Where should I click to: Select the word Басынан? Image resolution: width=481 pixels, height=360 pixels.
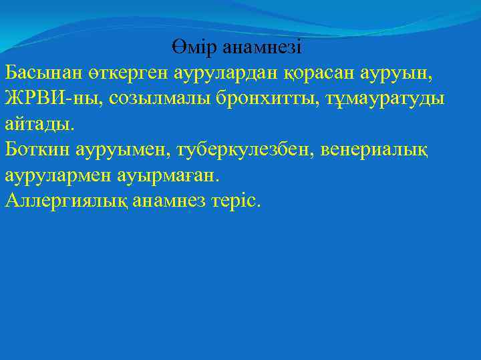pos(39,72)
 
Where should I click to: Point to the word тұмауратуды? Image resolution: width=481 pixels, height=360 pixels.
pos(377,98)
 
